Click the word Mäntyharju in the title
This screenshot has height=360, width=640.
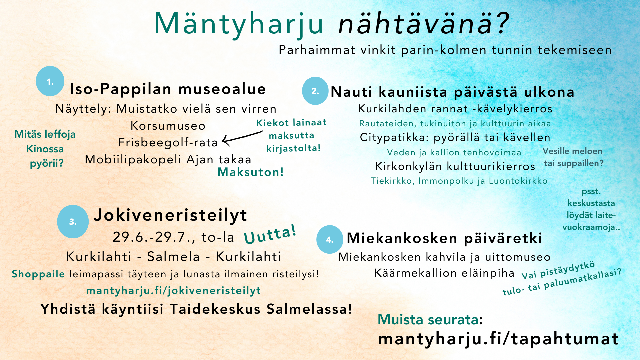point(239,24)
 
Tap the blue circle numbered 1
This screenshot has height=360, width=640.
point(50,81)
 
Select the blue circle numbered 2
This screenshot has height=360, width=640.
point(315,91)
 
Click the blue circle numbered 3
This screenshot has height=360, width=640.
point(73,222)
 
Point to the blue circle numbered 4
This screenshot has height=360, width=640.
point(330,239)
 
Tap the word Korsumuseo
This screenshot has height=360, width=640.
point(168,126)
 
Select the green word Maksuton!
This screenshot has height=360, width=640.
point(251,172)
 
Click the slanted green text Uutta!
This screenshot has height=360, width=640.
point(270,234)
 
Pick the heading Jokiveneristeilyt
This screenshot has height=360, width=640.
point(170,215)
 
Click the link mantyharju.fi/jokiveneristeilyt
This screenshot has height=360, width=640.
point(173,291)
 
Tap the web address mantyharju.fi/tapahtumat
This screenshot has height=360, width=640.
point(498,339)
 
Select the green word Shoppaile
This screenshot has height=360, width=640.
point(38,274)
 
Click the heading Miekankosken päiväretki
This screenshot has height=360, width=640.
point(444,238)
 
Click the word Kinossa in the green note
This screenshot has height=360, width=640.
point(45,149)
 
